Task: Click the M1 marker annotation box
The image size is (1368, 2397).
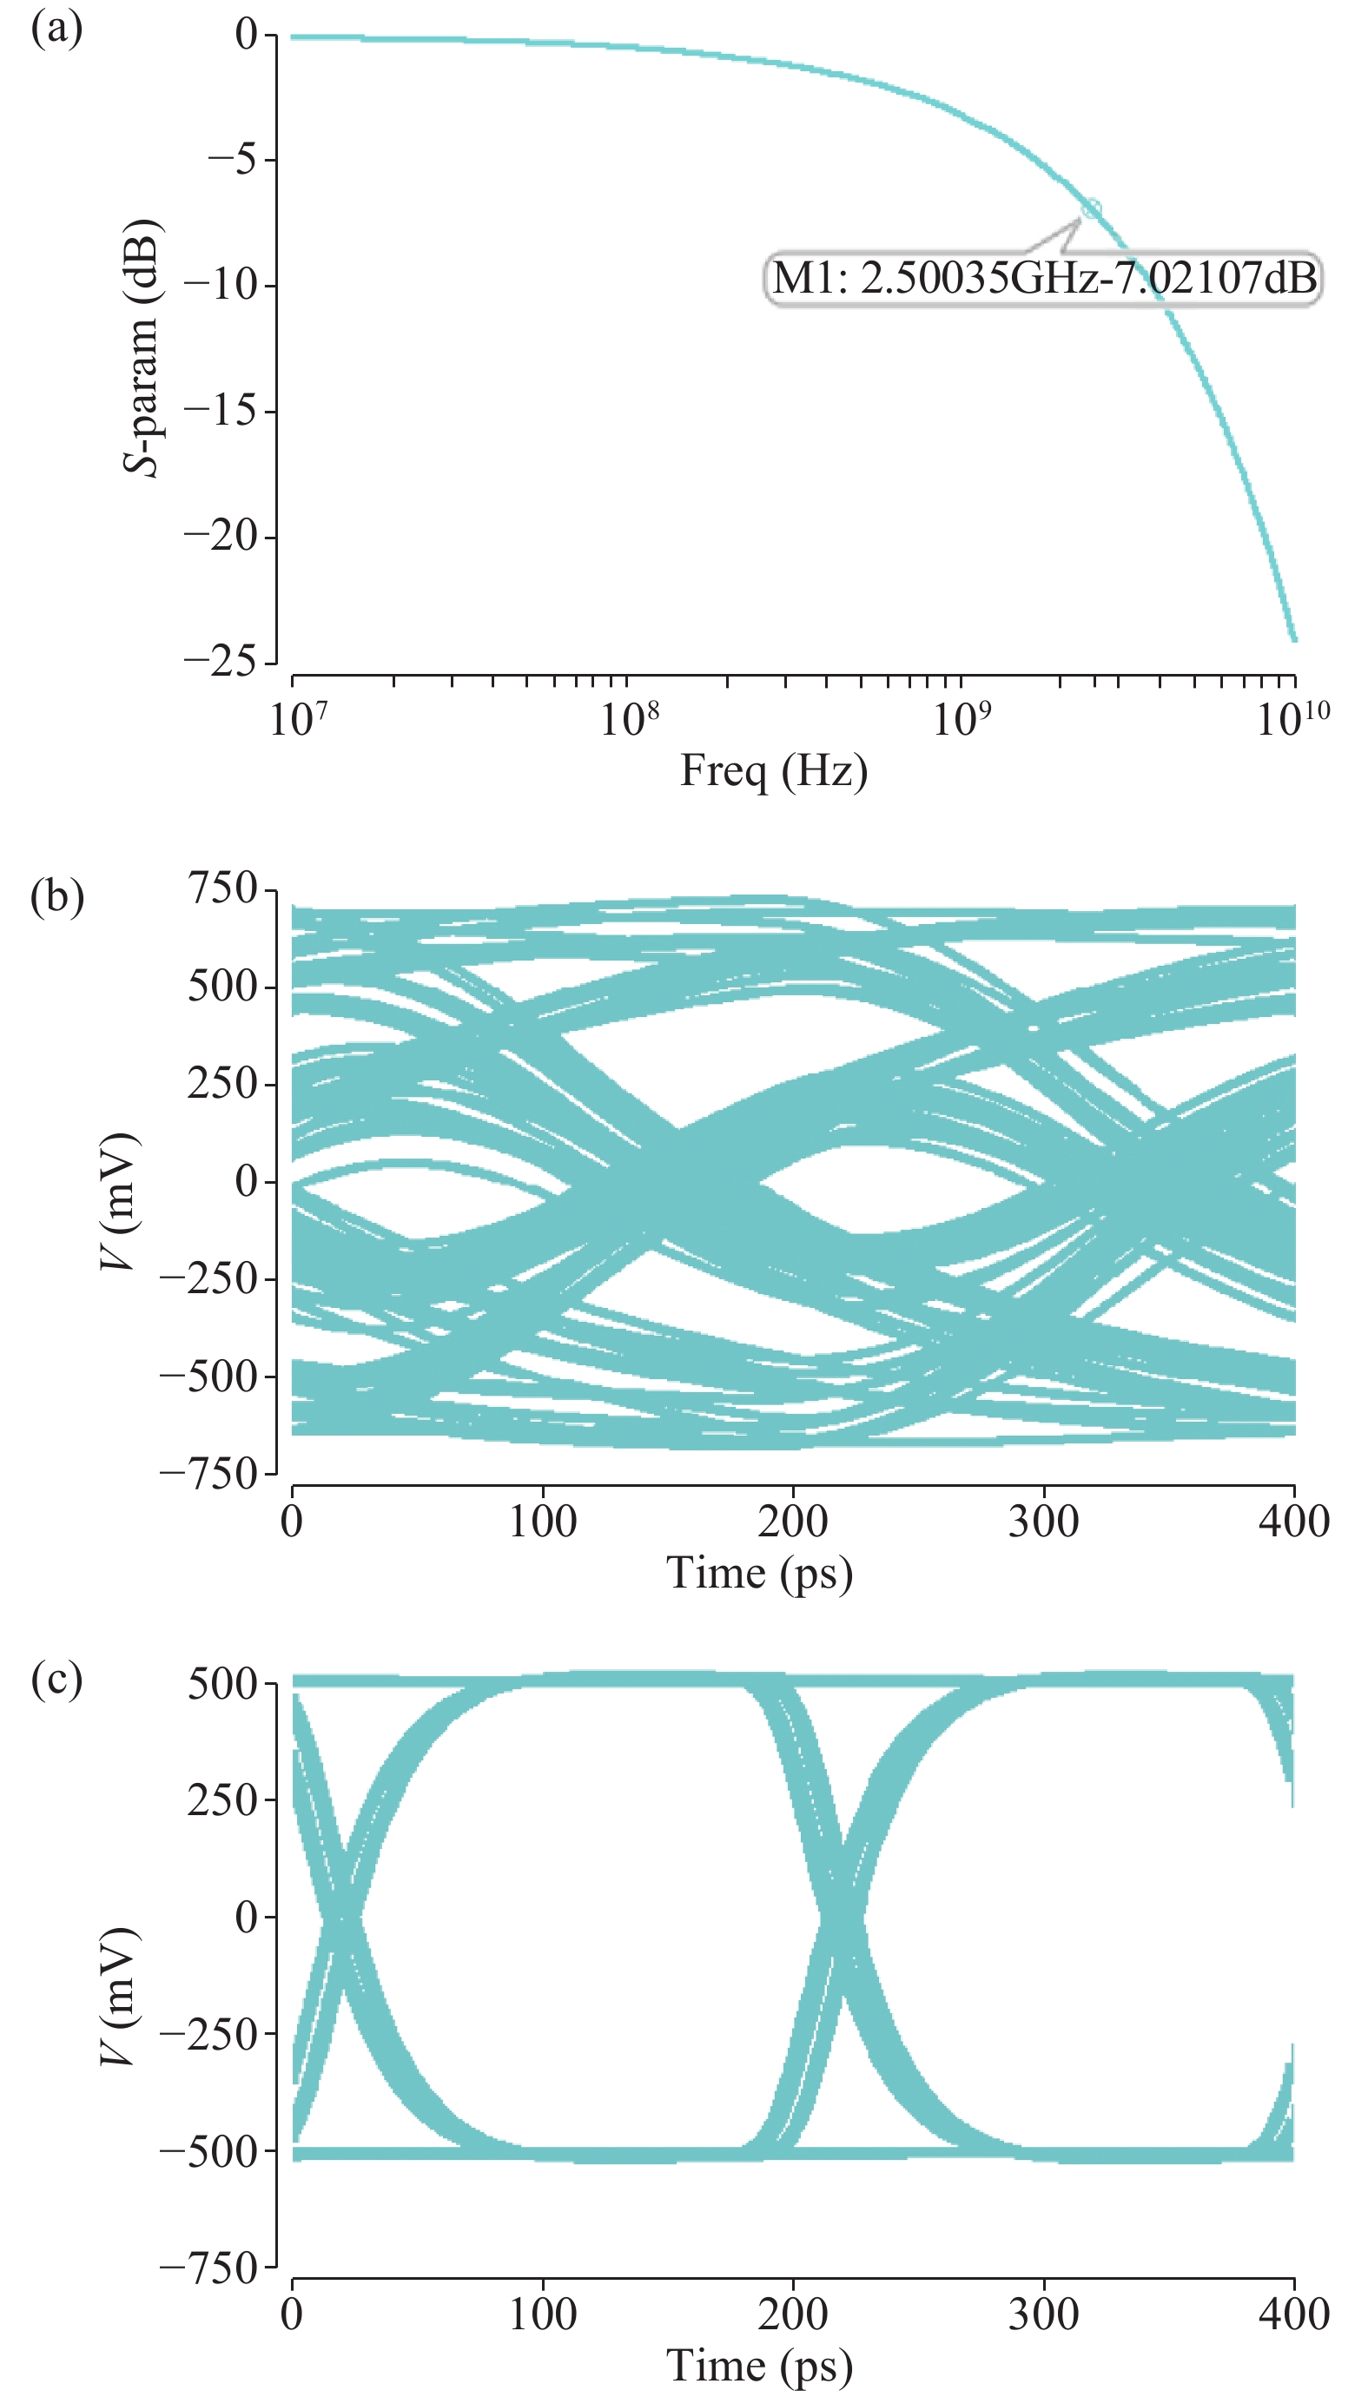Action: tap(1043, 278)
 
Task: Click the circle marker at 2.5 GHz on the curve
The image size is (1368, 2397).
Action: tap(1091, 208)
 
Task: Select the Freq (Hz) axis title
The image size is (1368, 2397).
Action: tap(773, 771)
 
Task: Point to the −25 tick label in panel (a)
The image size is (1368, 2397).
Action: tap(221, 662)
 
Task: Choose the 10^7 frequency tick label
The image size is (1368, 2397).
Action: tap(298, 719)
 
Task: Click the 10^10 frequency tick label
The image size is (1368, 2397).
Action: tap(1292, 719)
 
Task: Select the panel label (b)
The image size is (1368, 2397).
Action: tap(57, 896)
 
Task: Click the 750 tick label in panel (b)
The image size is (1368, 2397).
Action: tap(222, 888)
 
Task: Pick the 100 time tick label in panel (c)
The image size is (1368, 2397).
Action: tap(542, 2314)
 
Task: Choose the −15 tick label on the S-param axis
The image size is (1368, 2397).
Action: tap(221, 412)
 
